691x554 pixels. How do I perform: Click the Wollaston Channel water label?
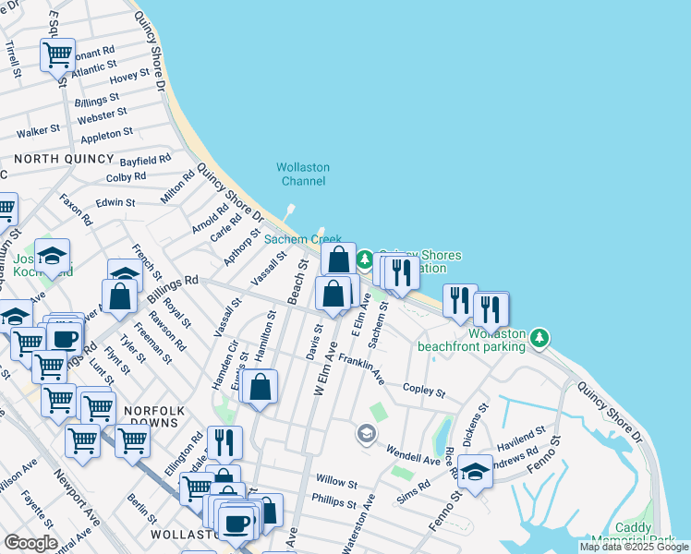(302, 175)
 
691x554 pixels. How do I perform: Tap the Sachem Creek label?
(303, 239)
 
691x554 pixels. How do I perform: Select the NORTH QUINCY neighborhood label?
(56, 159)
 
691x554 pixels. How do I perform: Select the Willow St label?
(335, 482)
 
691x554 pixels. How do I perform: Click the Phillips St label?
(333, 503)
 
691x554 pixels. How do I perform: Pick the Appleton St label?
(107, 136)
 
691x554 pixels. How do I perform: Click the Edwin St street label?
(115, 202)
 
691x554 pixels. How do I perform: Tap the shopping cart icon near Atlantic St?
(57, 54)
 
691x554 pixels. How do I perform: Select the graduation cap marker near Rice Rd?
(475, 472)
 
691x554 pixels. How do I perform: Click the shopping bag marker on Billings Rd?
(120, 296)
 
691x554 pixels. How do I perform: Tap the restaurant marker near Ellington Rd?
(224, 443)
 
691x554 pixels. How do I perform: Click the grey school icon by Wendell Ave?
(367, 433)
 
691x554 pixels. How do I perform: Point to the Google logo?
(31, 543)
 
